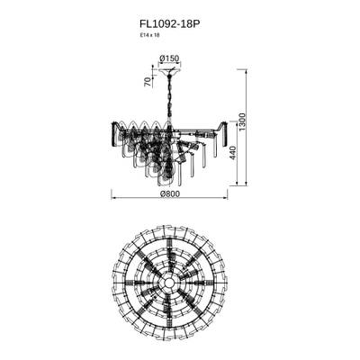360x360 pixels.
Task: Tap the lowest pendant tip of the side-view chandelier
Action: pyautogui.click(x=166, y=183)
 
